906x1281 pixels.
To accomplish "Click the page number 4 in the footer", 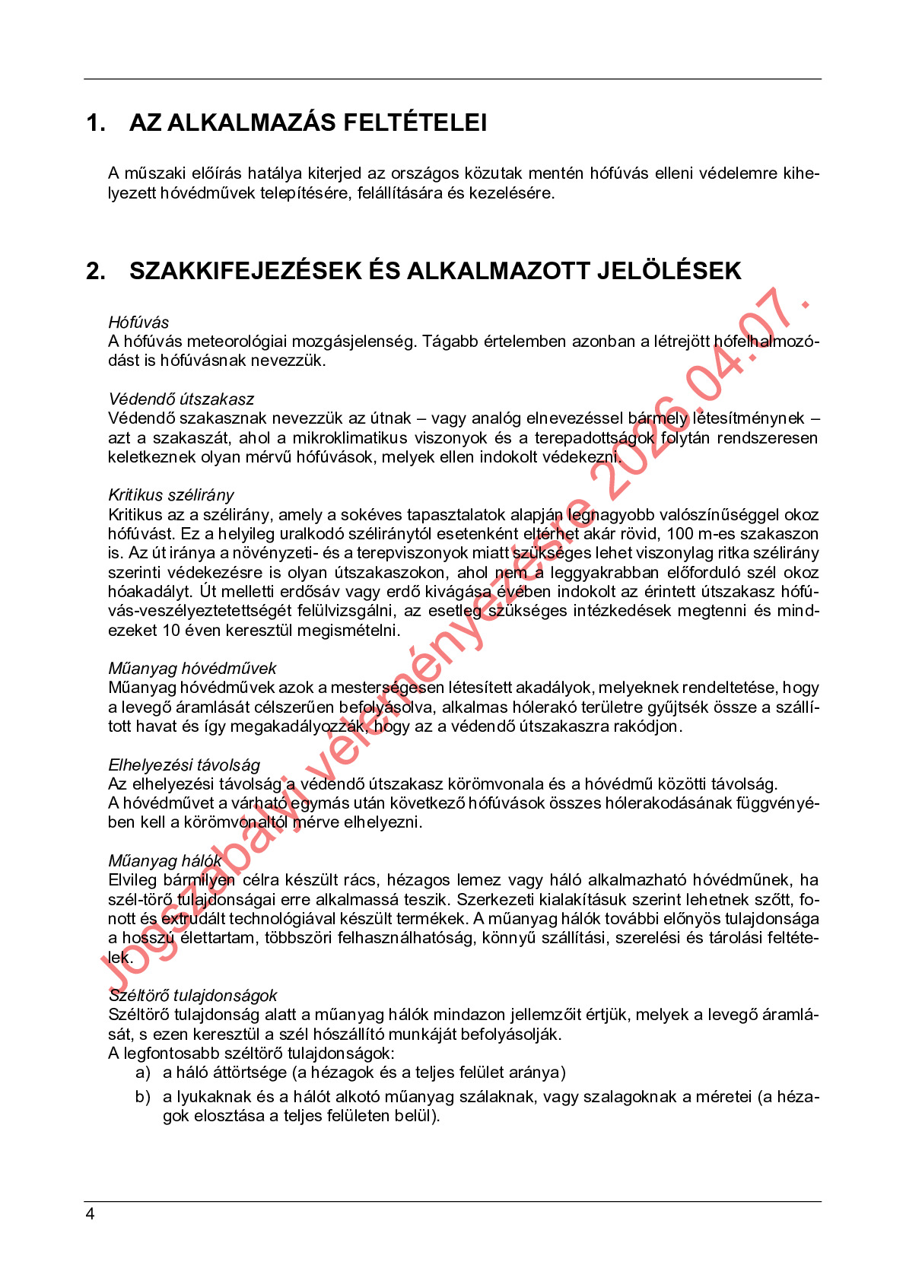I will (x=90, y=1214).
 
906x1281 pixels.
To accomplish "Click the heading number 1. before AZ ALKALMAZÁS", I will (x=96, y=122).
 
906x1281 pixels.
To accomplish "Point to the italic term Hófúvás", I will (x=138, y=323).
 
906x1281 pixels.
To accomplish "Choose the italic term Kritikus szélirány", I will (x=171, y=495).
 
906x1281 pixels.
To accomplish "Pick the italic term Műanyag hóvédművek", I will (x=192, y=669).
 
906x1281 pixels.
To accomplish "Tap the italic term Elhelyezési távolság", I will (x=184, y=765).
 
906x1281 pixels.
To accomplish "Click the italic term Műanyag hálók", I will (x=165, y=861).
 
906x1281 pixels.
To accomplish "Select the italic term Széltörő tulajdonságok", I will (x=192, y=996).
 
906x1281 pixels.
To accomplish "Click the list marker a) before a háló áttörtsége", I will (x=143, y=1073).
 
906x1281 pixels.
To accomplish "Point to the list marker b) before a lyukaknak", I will (x=143, y=1097).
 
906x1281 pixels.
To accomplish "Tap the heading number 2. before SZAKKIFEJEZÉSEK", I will (x=96, y=271).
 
